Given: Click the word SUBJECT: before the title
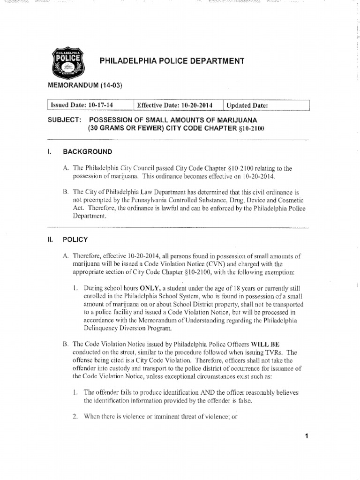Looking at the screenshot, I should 64,120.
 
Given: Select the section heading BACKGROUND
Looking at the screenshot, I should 88,152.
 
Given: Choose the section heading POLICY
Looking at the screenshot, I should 75,239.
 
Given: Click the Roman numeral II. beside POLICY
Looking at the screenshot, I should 52,239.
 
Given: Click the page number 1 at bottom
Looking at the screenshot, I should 306,436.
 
